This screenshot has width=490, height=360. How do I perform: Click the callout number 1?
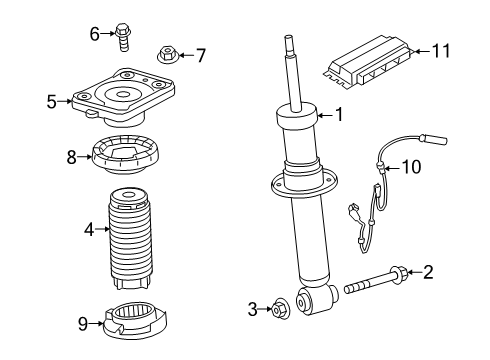click(x=338, y=116)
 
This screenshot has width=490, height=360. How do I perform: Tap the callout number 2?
click(x=427, y=271)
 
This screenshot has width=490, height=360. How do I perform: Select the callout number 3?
click(x=253, y=308)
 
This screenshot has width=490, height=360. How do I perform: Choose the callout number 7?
click(x=200, y=54)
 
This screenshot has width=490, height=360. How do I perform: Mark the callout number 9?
click(x=84, y=322)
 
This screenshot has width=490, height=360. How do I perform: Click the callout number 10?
click(x=412, y=167)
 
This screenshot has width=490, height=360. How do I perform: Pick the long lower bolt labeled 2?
click(x=375, y=282)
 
